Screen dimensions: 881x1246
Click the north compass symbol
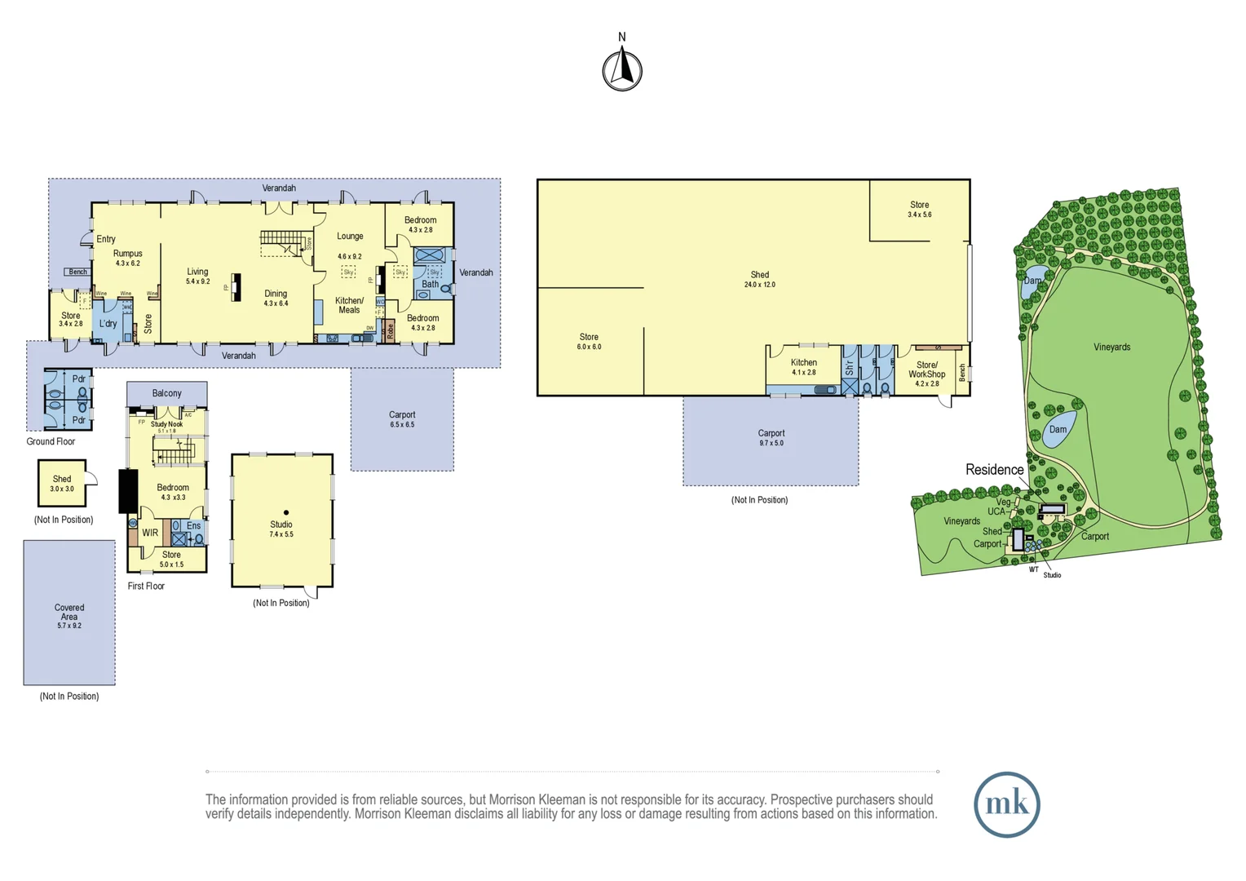(x=622, y=69)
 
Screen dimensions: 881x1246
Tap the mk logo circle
(x=1006, y=804)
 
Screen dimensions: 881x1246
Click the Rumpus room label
(x=127, y=258)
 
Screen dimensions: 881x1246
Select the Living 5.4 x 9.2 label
(x=197, y=276)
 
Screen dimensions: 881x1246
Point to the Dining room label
(x=276, y=298)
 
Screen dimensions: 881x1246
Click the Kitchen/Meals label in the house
(x=349, y=305)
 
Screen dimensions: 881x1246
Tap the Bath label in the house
(x=430, y=284)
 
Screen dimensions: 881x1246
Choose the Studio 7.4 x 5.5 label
(x=281, y=529)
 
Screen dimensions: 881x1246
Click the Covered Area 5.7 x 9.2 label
(x=69, y=616)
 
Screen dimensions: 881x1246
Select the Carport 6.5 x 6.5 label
(x=402, y=419)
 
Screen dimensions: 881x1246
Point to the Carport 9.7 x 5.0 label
(x=771, y=438)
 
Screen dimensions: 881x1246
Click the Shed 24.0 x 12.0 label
(x=759, y=279)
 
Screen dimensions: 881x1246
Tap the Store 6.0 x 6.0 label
(x=589, y=341)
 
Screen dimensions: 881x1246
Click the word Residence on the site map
(x=994, y=470)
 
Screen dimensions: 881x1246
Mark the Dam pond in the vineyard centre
(x=1058, y=430)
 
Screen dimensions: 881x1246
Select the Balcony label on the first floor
(x=166, y=393)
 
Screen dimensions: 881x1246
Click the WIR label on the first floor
(x=150, y=533)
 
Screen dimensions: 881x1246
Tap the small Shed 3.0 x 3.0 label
(x=62, y=483)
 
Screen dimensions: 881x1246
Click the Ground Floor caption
(x=51, y=441)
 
